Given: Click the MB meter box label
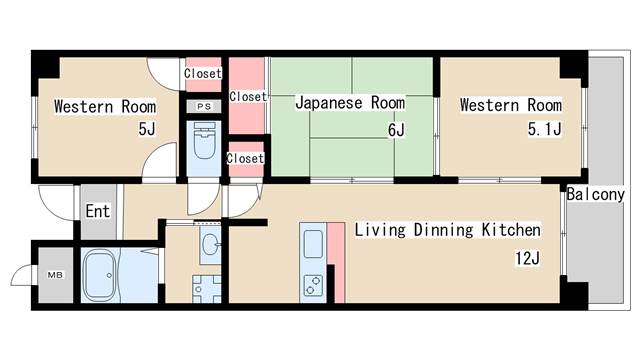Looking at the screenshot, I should [52, 272].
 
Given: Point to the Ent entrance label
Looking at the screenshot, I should [97, 211].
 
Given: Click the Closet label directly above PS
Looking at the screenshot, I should [203, 73].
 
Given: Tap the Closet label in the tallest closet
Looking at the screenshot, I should [247, 97].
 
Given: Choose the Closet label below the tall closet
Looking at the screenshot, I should [245, 158].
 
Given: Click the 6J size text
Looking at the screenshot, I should [396, 130].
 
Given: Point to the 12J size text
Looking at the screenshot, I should [527, 259].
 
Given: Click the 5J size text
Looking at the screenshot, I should [147, 130].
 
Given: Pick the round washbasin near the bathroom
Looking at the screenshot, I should [209, 242].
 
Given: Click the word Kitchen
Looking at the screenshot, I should [511, 231].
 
